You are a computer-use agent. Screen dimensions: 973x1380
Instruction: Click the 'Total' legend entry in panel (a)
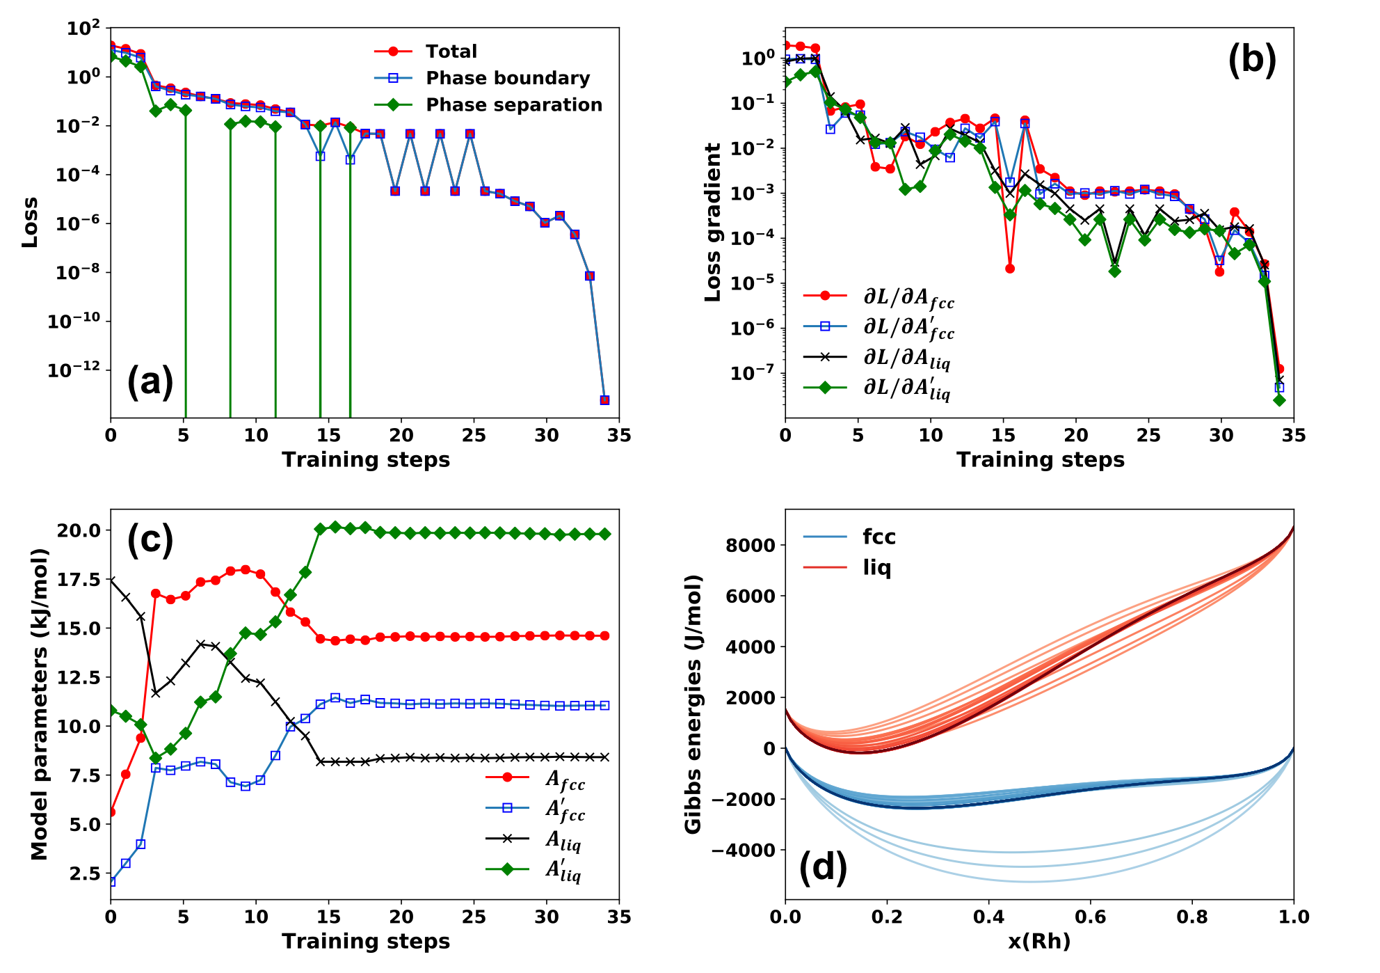[451, 52]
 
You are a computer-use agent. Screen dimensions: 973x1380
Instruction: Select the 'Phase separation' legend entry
[513, 104]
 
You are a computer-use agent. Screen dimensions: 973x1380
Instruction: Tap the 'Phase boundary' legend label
[508, 78]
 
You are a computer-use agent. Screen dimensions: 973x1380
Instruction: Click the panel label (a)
[150, 382]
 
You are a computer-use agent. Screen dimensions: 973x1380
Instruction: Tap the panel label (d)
[823, 867]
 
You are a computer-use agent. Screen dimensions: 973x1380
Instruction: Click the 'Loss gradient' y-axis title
[713, 223]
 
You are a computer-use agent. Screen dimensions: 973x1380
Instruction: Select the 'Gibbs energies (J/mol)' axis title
[693, 704]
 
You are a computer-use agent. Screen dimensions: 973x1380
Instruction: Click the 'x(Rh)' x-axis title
[1039, 941]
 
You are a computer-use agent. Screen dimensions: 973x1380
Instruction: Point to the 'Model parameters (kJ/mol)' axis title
[39, 704]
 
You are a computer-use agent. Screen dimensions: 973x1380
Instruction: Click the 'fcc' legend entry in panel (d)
[878, 537]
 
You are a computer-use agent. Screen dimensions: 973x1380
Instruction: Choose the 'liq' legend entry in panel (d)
[876, 567]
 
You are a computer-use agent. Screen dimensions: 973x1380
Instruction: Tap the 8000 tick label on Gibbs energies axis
[750, 546]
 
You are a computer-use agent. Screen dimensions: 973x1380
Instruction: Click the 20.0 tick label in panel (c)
[79, 530]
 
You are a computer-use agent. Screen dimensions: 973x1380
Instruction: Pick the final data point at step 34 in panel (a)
[604, 400]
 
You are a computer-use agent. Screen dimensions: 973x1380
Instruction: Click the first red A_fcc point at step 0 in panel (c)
[111, 812]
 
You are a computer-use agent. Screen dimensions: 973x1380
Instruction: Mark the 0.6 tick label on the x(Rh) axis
[1090, 917]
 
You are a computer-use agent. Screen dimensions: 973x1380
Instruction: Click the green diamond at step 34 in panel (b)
[1279, 400]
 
